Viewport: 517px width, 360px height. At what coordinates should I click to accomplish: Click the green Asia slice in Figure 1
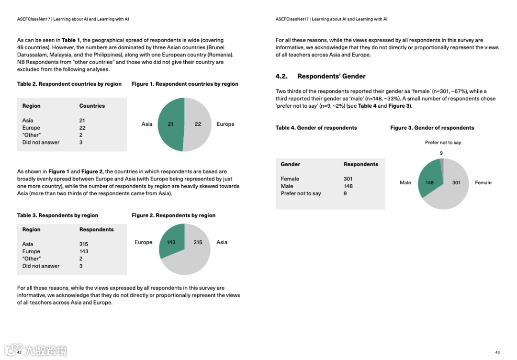[169, 124]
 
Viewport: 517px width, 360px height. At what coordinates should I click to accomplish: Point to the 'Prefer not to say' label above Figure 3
[443, 143]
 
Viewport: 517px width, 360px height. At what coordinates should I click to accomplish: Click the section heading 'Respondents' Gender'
[331, 76]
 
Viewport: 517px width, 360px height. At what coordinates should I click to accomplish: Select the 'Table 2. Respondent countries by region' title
[69, 84]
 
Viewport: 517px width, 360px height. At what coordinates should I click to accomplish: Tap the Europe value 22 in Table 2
[82, 128]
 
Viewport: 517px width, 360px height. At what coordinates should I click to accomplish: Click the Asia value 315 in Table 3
[84, 244]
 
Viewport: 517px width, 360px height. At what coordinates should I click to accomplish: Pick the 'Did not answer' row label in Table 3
[41, 266]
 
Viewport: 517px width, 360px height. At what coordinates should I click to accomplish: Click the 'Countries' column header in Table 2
[92, 106]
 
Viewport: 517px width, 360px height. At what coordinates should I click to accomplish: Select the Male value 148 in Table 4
[348, 186]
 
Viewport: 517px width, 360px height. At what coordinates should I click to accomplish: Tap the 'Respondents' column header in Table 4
[360, 164]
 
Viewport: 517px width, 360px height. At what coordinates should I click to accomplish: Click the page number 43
[497, 352]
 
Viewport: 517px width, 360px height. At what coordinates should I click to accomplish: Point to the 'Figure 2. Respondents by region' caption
[173, 215]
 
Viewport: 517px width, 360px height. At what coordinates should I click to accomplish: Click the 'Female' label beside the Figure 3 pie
[483, 183]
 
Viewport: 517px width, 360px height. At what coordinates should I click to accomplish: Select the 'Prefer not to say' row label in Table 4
[301, 193]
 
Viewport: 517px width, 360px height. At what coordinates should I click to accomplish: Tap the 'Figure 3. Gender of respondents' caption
[432, 128]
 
